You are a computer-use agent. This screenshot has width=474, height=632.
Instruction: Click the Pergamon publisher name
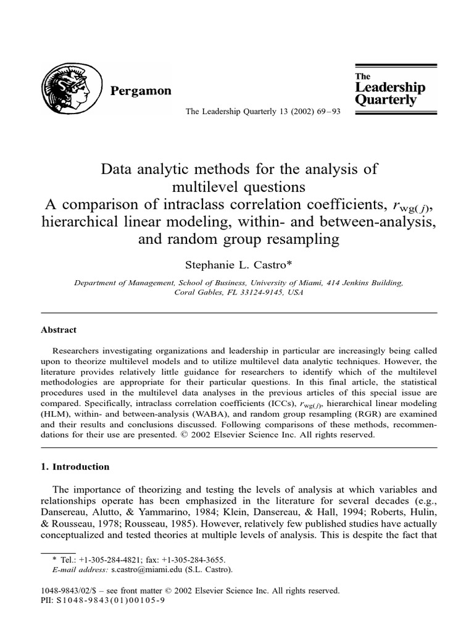(140, 91)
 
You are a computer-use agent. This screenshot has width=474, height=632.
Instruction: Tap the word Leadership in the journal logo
(390, 88)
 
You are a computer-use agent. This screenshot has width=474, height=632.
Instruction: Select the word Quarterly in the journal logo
(386, 100)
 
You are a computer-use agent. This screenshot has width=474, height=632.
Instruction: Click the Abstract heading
(59, 330)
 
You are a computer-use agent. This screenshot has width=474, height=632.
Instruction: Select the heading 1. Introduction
(75, 467)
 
